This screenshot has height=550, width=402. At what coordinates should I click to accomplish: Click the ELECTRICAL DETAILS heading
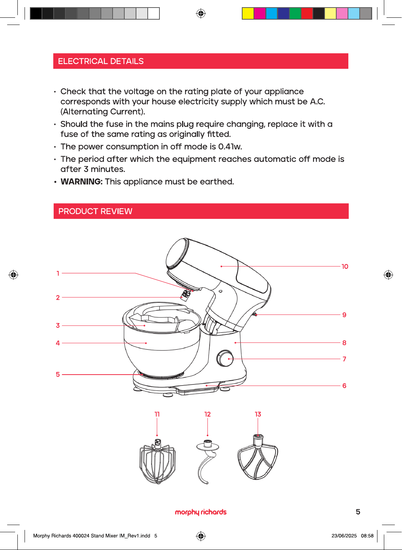click(100, 61)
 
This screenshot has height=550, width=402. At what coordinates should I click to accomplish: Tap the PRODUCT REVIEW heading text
click(95, 211)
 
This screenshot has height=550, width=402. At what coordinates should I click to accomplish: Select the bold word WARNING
click(82, 182)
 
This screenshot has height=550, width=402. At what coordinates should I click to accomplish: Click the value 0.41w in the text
click(230, 147)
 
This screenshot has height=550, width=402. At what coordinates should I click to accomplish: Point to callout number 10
click(345, 266)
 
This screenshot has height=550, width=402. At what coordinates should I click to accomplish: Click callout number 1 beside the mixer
click(58, 273)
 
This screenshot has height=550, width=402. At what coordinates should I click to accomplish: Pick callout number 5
click(58, 375)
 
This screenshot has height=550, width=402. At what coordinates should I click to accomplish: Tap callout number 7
click(344, 359)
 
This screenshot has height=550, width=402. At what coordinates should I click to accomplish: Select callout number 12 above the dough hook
click(208, 414)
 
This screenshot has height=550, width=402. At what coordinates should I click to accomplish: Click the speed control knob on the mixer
click(225, 358)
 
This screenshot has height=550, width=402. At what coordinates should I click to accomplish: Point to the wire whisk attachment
click(158, 462)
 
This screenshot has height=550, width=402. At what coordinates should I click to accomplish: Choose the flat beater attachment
click(257, 457)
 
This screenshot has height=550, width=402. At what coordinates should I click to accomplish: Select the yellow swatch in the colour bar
click(248, 13)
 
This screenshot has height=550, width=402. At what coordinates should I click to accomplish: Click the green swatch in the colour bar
click(295, 13)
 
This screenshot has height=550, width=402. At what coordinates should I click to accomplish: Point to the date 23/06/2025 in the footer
click(344, 536)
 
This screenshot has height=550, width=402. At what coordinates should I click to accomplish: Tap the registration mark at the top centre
click(201, 13)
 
